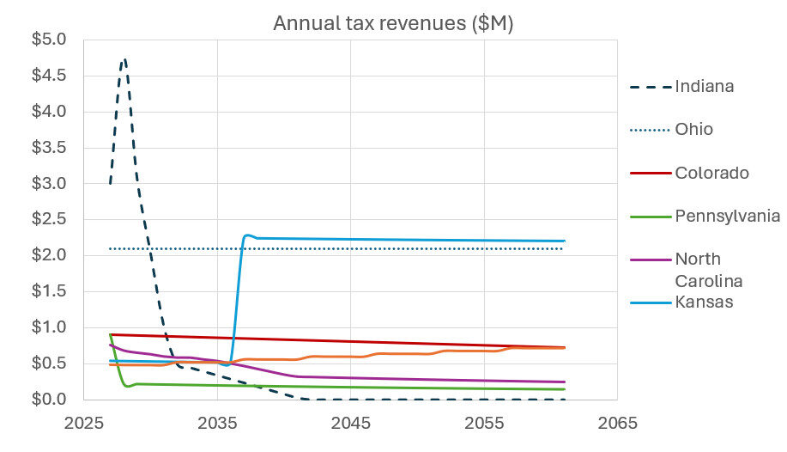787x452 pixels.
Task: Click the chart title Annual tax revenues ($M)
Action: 393,23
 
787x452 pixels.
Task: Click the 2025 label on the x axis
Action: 84,423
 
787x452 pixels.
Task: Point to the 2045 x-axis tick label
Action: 350,423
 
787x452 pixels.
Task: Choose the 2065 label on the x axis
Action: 617,423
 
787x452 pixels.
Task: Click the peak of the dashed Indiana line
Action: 124,59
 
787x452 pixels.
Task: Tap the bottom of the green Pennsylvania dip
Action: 127,386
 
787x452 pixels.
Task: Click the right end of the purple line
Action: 564,382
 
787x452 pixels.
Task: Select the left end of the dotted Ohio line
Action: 111,248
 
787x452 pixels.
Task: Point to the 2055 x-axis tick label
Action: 484,423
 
